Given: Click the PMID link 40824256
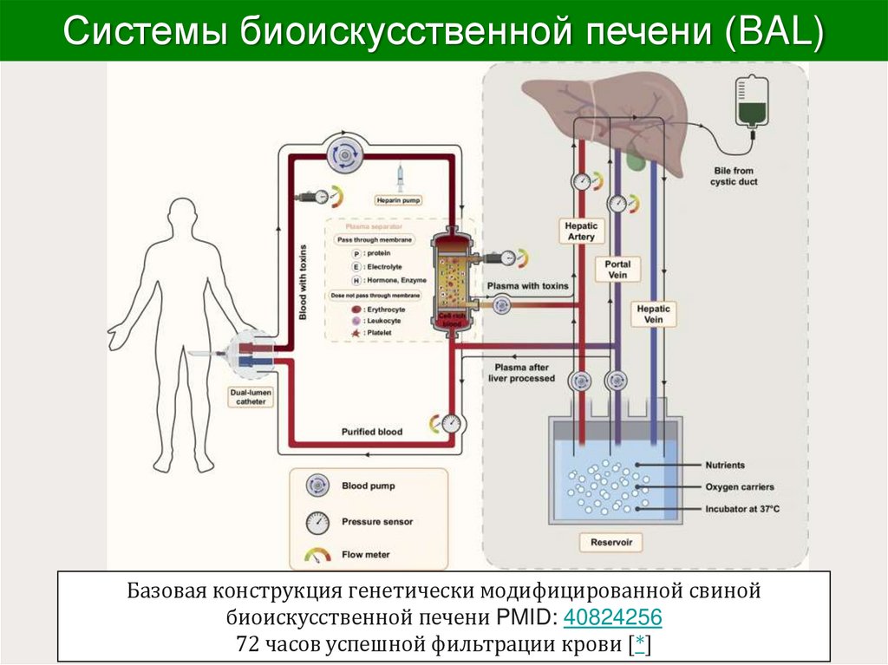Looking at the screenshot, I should [x=612, y=618].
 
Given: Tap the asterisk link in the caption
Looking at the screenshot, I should [x=639, y=643].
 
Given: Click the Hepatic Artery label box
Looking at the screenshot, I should [x=582, y=231].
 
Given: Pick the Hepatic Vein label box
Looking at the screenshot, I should [x=654, y=314].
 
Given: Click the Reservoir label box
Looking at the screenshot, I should [x=611, y=543].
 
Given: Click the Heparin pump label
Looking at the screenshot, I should [x=398, y=200].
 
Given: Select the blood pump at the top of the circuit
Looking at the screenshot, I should [x=345, y=155].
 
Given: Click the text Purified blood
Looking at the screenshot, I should [x=371, y=432].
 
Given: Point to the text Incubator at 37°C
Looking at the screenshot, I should [x=742, y=509].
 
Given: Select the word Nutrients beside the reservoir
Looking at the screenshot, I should [x=725, y=466].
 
